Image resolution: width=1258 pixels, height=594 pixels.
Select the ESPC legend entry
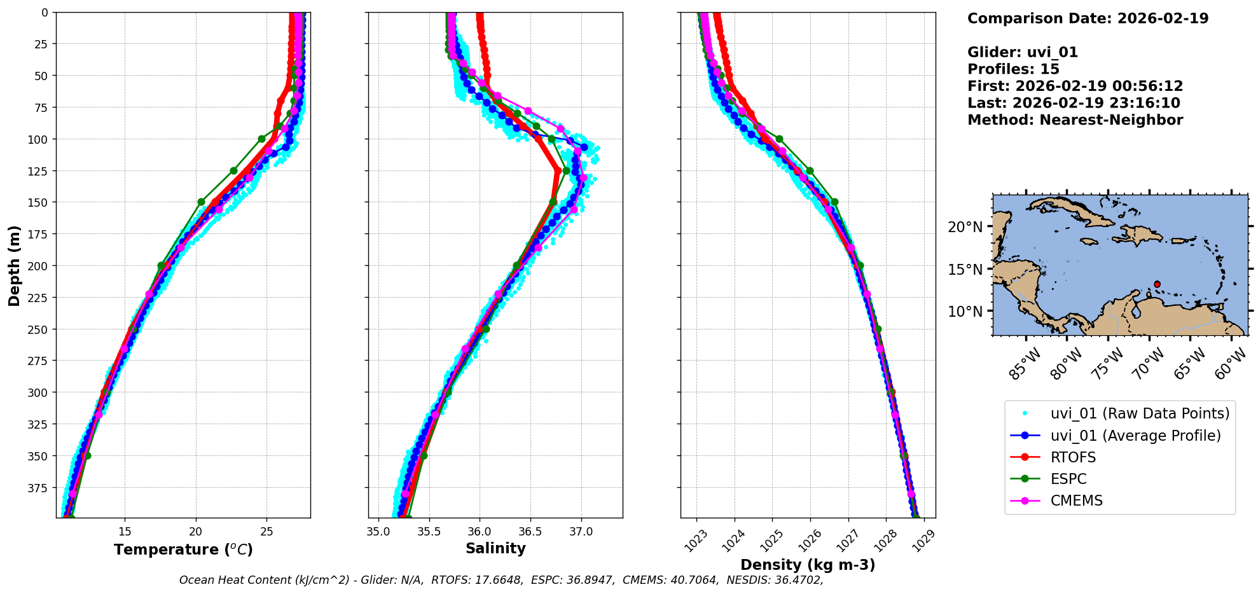(1068, 479)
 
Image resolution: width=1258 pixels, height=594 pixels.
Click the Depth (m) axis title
(15, 265)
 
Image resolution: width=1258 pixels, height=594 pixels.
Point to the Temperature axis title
(183, 549)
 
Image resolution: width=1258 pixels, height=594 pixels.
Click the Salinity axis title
(495, 548)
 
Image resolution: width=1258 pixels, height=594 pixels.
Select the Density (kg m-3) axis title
(808, 565)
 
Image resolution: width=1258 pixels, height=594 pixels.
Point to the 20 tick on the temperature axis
(196, 531)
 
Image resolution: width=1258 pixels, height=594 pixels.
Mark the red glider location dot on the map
(1157, 284)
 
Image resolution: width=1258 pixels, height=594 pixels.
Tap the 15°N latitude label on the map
(965, 270)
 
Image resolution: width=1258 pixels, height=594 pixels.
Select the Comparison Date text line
(1088, 18)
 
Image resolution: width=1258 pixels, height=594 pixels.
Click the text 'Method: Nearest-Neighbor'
(1075, 120)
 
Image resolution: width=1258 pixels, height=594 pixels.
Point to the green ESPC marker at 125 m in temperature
(233, 170)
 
